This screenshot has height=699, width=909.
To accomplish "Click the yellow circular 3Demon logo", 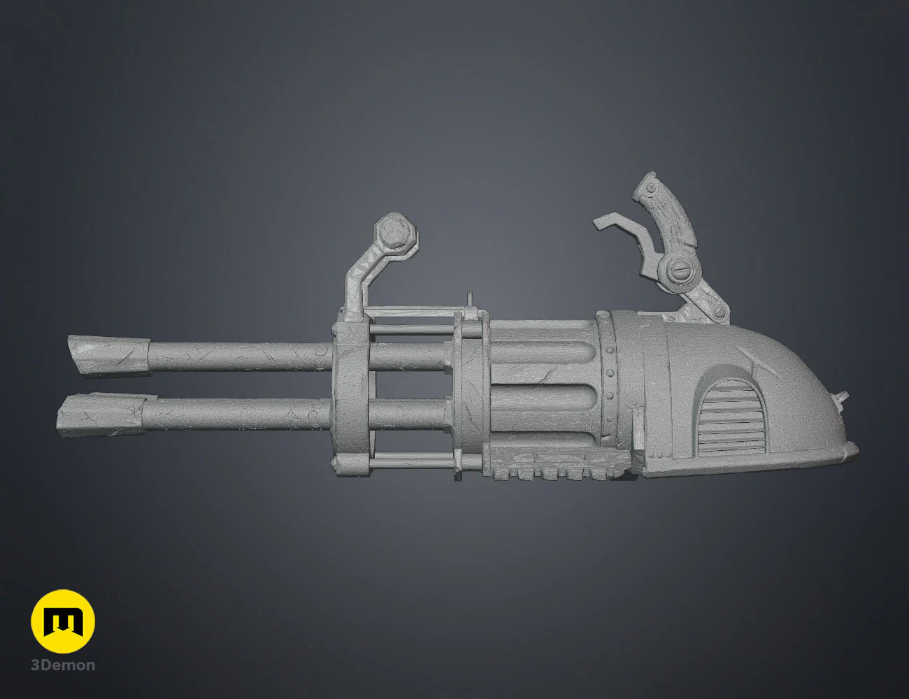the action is coord(63,621).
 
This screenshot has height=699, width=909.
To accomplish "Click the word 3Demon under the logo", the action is coord(63,665).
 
